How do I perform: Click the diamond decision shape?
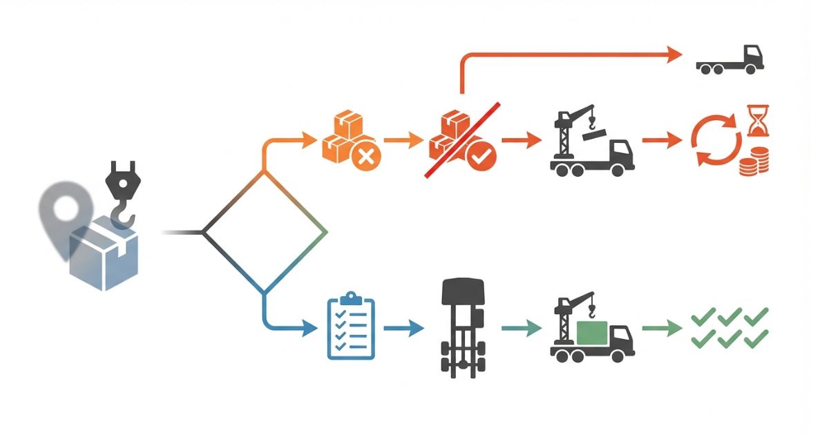[x=265, y=232]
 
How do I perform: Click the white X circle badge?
[x=366, y=157]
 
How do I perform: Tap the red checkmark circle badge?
[x=481, y=157]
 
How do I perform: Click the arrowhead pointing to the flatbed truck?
[x=674, y=55]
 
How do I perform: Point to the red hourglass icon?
[x=758, y=120]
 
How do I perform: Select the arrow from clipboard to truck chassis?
[x=403, y=329]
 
